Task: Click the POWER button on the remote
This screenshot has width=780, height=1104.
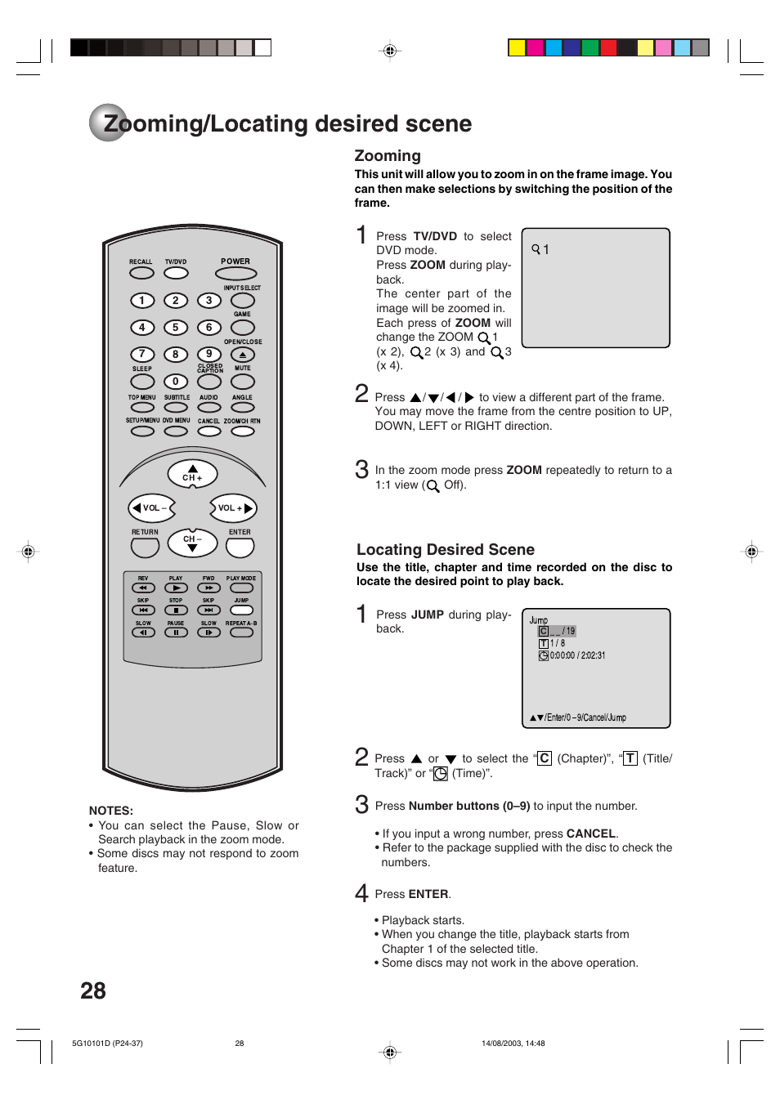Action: pyautogui.click(x=235, y=274)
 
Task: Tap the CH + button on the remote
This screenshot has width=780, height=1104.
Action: pyautogui.click(x=192, y=474)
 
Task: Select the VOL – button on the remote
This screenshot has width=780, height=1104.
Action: pyautogui.click(x=152, y=508)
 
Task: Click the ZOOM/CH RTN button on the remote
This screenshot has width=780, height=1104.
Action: pyautogui.click(x=242, y=431)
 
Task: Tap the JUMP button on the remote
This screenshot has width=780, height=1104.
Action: pyautogui.click(x=241, y=610)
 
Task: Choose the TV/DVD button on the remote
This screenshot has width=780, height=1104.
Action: pyautogui.click(x=176, y=273)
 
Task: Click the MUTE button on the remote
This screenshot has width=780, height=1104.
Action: pyautogui.click(x=243, y=382)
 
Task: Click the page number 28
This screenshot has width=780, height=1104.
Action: pyautogui.click(x=93, y=991)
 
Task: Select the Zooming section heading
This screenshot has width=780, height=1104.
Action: pyautogui.click(x=388, y=156)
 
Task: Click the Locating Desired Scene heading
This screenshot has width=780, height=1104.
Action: pyautogui.click(x=446, y=550)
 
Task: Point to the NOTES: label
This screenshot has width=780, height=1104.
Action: pyautogui.click(x=111, y=811)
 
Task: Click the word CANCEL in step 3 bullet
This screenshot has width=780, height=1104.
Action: pyautogui.click(x=590, y=834)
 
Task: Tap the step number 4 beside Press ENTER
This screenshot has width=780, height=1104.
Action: pyautogui.click(x=361, y=892)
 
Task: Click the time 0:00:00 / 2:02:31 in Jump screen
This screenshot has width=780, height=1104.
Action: pyautogui.click(x=577, y=655)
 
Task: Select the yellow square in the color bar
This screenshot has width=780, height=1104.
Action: pyautogui.click(x=517, y=47)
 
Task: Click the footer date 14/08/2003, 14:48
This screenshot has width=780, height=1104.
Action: pyautogui.click(x=513, y=1044)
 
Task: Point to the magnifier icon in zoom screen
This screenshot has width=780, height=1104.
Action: pyautogui.click(x=536, y=248)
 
